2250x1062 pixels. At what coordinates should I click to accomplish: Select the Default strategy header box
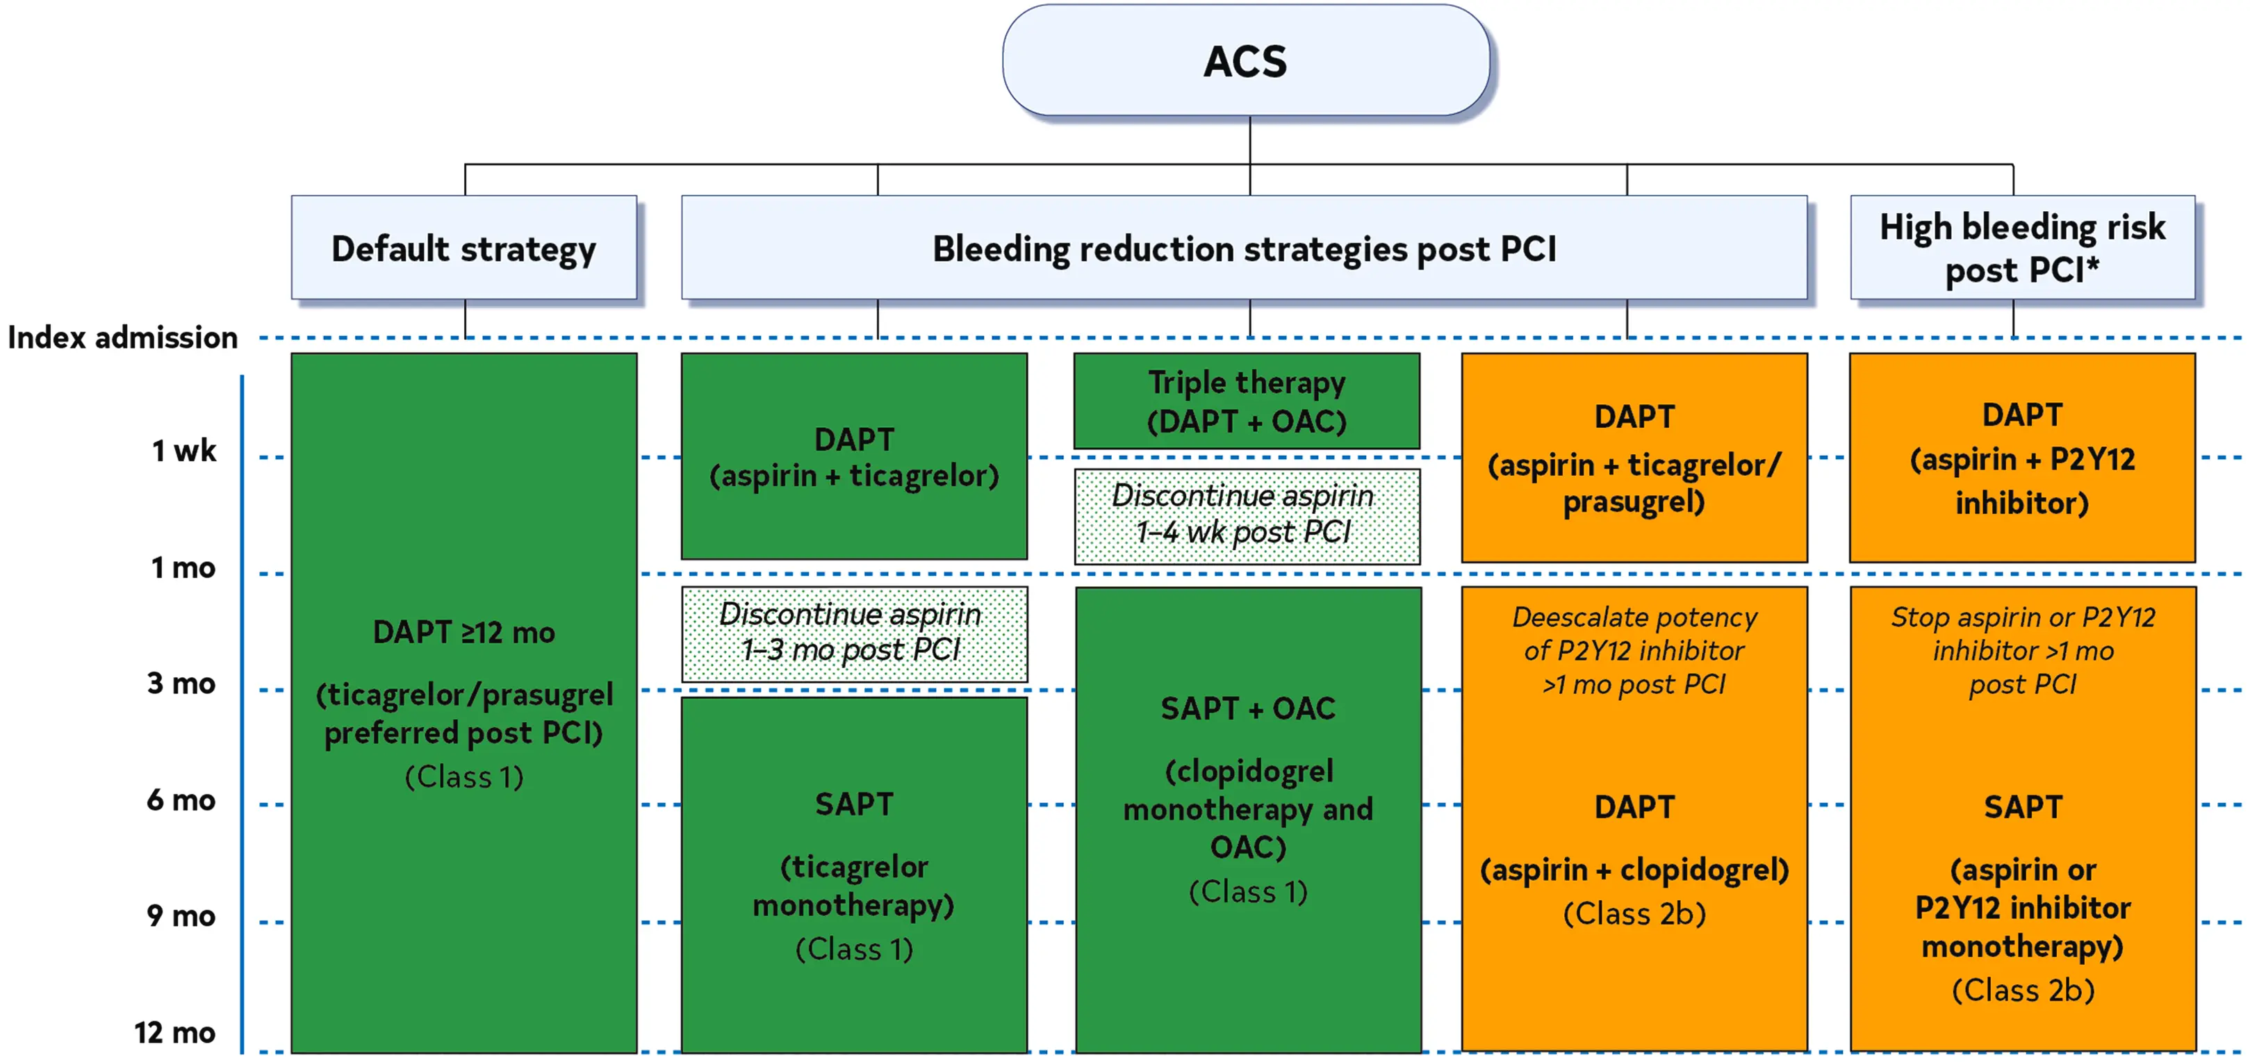[463, 248]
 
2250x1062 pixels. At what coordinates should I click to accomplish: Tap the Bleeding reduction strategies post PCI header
[1244, 248]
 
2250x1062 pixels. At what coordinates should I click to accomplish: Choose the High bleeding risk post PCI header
[2022, 248]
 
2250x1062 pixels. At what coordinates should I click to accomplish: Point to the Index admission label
[122, 337]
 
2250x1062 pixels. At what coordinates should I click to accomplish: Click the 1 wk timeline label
[183, 451]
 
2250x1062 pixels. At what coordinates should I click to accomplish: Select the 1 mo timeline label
[183, 567]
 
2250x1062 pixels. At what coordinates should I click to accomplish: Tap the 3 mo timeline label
[181, 683]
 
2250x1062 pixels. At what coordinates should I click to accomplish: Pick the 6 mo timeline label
[181, 800]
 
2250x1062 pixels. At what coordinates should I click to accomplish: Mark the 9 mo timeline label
[181, 915]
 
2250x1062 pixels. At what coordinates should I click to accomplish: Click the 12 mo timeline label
[174, 1032]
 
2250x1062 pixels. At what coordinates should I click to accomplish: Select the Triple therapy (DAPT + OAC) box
[1247, 401]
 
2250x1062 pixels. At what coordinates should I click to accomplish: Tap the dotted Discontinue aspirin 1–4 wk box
[1247, 516]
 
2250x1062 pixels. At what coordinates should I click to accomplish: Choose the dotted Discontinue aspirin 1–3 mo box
[854, 634]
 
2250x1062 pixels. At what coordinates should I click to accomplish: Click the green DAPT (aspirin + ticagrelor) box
[854, 456]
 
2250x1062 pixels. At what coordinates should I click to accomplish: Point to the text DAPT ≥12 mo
[463, 632]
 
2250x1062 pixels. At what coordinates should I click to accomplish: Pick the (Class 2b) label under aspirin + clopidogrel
[1634, 913]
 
